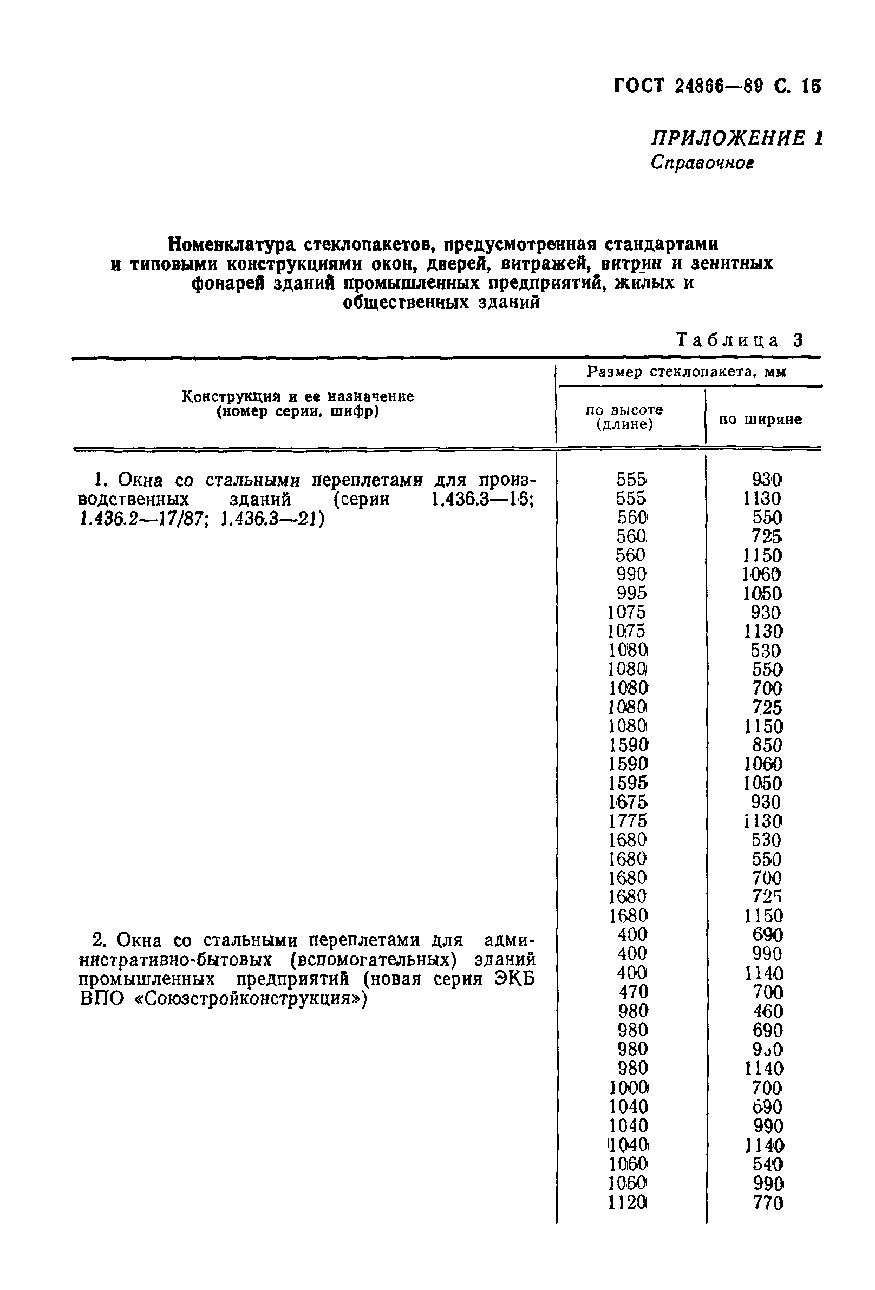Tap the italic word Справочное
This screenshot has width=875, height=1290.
[702, 162]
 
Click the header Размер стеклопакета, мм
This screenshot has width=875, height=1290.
[686, 372]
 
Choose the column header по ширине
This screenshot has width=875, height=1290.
[760, 420]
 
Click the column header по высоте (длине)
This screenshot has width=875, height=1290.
[624, 417]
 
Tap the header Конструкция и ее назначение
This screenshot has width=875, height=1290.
[298, 396]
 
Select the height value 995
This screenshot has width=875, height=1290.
[631, 593]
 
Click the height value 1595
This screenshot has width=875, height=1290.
[628, 783]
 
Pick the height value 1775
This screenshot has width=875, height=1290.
[628, 821]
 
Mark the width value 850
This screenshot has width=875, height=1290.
[766, 745]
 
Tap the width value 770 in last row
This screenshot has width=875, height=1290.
[767, 1203]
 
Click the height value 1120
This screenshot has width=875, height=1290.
[628, 1203]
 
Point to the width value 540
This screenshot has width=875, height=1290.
[767, 1164]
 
